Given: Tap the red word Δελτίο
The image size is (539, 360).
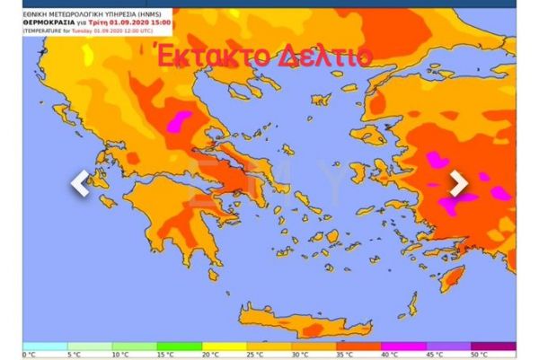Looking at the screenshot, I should [321, 56].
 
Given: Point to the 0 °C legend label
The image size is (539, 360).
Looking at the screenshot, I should [31, 355].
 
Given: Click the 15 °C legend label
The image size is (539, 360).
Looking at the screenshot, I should [166, 355].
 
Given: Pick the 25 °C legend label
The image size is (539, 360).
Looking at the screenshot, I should [257, 355].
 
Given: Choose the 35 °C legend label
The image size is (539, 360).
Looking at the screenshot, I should [347, 355].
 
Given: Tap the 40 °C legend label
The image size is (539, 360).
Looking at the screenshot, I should [392, 355].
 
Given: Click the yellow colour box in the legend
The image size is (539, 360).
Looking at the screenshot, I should [224, 346].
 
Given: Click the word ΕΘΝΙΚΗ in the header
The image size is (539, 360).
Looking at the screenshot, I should [37, 14].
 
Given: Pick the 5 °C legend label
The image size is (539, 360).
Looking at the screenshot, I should [75, 355].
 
